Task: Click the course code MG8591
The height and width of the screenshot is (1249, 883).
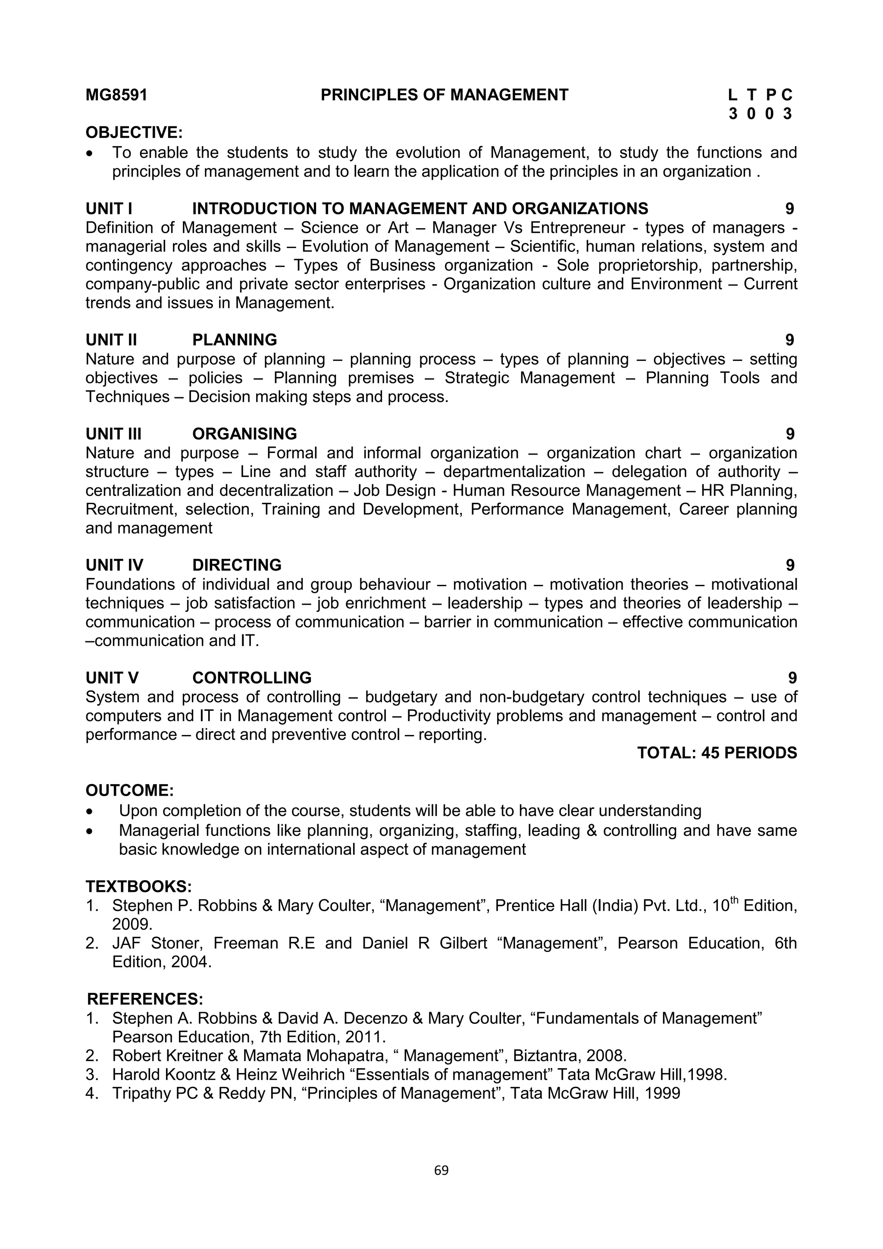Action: [x=116, y=95]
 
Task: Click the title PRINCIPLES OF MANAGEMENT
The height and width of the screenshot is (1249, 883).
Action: [x=444, y=95]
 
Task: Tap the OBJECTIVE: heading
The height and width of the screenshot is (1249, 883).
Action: [x=134, y=132]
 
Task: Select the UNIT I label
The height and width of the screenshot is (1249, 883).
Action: [x=109, y=208]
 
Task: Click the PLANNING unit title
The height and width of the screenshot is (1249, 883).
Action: [x=235, y=340]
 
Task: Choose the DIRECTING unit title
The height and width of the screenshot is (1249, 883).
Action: [x=237, y=565]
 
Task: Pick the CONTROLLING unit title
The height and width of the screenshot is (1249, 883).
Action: [x=252, y=678]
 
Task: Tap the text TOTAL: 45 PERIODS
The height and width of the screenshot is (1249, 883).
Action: [x=717, y=753]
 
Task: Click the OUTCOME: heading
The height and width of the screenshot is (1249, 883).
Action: [x=129, y=791]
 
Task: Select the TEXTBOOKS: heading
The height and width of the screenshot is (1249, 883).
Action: [x=139, y=887]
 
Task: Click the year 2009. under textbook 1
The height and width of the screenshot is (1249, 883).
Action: [x=132, y=924]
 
